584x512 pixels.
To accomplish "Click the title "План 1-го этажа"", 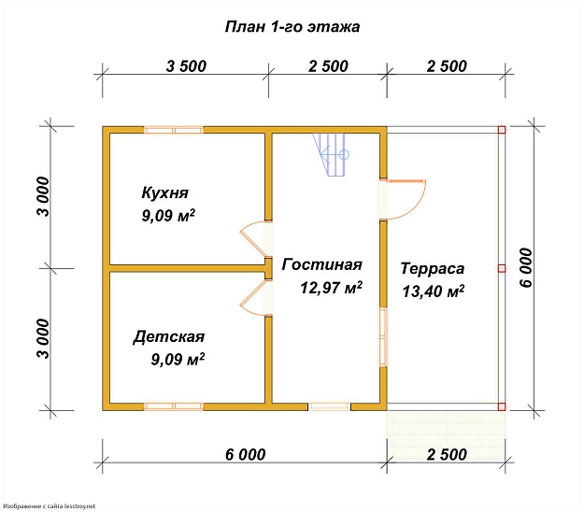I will pyautogui.click(x=292, y=27).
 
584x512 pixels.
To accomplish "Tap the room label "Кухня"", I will pyautogui.click(x=165, y=192).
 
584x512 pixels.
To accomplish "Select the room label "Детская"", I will pyautogui.click(x=168, y=336).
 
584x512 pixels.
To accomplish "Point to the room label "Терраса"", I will pyautogui.click(x=432, y=268).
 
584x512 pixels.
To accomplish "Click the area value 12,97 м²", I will pyautogui.click(x=331, y=289).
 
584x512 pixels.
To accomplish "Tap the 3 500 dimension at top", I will pyautogui.click(x=186, y=66).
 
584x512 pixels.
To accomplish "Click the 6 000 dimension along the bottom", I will pyautogui.click(x=245, y=455).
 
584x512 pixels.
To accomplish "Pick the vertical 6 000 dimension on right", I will pyautogui.click(x=525, y=269).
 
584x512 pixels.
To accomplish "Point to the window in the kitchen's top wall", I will pyautogui.click(x=173, y=130).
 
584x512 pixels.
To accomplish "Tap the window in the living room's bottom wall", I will pyautogui.click(x=330, y=406).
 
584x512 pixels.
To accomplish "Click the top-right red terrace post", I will pyautogui.click(x=502, y=130).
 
